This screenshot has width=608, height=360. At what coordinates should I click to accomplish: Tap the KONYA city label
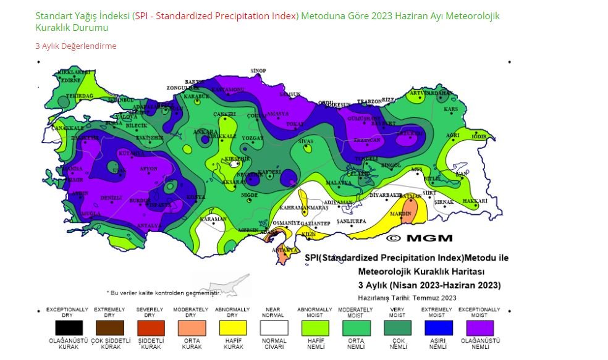coord(196,197)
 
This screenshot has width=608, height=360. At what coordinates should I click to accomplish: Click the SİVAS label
coord(306,142)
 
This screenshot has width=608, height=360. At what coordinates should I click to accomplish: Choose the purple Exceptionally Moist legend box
coord(480,328)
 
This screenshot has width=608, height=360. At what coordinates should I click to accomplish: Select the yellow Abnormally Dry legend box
coord(232,328)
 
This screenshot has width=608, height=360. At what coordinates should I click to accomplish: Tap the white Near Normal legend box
coord(274,328)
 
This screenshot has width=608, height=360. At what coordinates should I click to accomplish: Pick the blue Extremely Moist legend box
coord(438,328)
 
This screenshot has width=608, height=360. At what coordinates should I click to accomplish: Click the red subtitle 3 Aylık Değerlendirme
coord(75,46)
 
